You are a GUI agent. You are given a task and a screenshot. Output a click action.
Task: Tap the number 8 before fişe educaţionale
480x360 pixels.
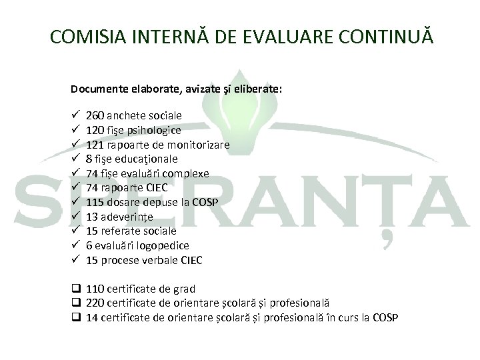(x=89, y=159)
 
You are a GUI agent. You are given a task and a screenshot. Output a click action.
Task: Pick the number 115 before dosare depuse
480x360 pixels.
(x=95, y=202)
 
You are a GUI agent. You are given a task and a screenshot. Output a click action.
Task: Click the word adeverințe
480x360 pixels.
(x=127, y=217)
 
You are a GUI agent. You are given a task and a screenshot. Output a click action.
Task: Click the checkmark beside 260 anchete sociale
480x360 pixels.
(x=74, y=115)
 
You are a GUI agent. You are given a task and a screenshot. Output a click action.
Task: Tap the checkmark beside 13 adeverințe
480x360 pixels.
(x=74, y=217)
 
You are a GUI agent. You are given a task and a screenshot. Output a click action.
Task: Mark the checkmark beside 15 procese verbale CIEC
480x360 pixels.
(x=74, y=259)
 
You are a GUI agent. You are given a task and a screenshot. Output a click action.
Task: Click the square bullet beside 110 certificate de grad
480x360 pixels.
(x=75, y=289)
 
